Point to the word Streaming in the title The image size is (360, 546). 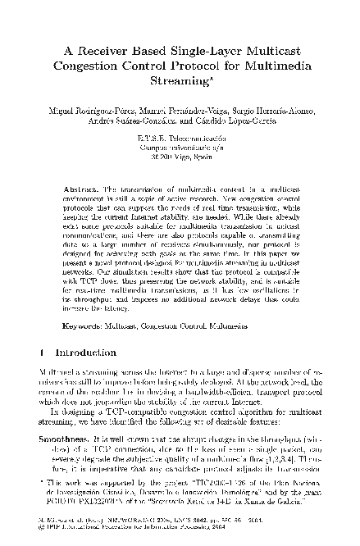click(178, 83)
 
